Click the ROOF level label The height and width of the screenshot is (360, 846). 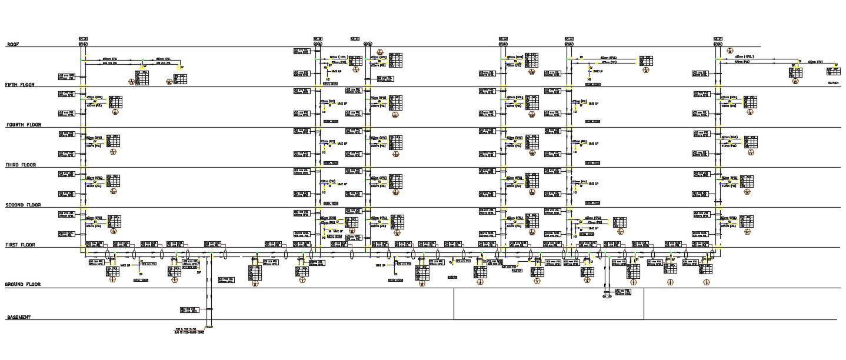tap(13, 44)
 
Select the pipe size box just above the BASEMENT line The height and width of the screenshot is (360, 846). tap(189, 310)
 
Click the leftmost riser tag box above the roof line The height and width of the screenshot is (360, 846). tap(83, 39)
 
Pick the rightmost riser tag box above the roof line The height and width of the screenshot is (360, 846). tap(717, 39)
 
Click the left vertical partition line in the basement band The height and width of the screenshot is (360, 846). tap(454, 304)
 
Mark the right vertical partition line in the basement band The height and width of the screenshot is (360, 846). tap(644, 304)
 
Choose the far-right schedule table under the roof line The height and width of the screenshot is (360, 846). tap(834, 71)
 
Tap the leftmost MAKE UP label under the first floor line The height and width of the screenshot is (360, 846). tap(125, 265)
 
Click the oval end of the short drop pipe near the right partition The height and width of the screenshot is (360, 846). tap(606, 296)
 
